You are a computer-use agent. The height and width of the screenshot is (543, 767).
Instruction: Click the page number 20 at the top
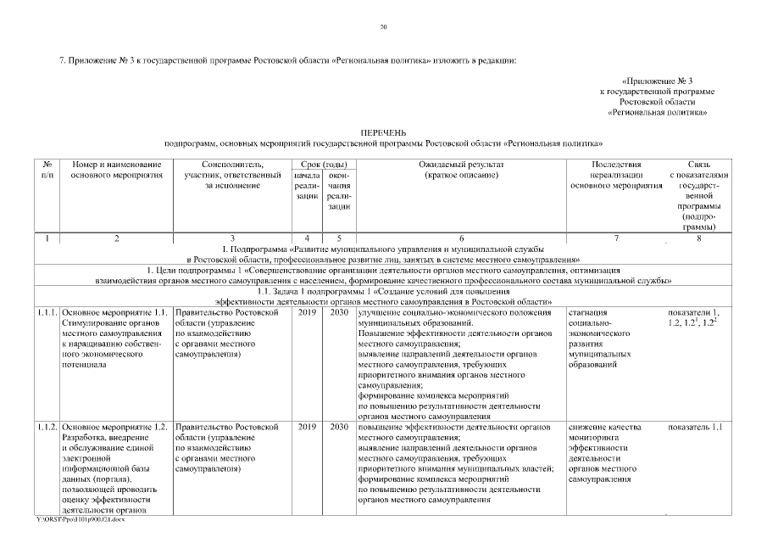pyautogui.click(x=383, y=28)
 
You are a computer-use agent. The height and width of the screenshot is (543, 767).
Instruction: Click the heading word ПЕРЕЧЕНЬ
pyautogui.click(x=383, y=133)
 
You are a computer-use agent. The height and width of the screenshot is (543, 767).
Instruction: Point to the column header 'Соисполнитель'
pyautogui.click(x=232, y=164)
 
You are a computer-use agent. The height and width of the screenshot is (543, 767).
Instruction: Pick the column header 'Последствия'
pyautogui.click(x=616, y=164)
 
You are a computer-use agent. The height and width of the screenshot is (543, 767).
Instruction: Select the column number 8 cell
pyautogui.click(x=698, y=238)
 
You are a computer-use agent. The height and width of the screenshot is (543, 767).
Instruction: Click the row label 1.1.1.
pyautogui.click(x=47, y=313)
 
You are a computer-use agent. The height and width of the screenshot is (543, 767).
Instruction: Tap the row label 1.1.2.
pyautogui.click(x=47, y=427)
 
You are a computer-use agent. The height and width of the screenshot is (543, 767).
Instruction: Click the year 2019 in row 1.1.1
pyautogui.click(x=307, y=313)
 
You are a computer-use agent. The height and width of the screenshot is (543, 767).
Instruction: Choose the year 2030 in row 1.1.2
pyautogui.click(x=339, y=427)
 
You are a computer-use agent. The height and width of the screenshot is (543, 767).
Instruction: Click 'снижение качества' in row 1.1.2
pyautogui.click(x=604, y=427)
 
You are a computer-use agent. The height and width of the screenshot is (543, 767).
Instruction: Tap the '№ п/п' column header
pyautogui.click(x=47, y=169)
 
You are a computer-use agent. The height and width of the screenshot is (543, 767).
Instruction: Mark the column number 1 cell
pyautogui.click(x=47, y=238)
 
